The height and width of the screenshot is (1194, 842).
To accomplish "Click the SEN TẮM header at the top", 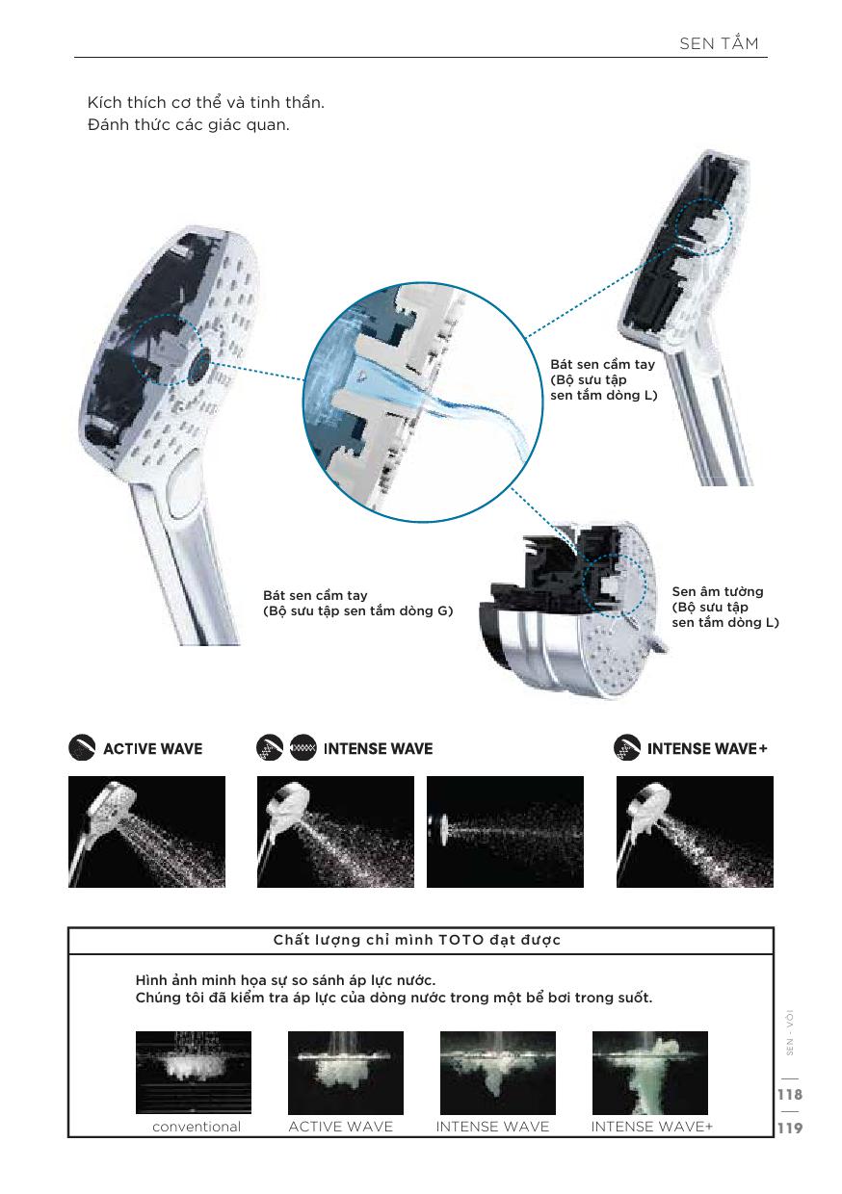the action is pos(719,43).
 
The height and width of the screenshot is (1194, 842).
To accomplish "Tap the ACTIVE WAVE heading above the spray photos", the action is pos(152,749).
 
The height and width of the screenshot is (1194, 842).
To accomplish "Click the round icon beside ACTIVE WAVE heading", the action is pos(82,747).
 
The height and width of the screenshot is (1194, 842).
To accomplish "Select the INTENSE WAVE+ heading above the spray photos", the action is pos(707,749).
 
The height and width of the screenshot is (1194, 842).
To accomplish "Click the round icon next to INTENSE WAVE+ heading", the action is pos(627,747).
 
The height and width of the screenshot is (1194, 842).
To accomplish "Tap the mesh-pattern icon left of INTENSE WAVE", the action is pos(303,747).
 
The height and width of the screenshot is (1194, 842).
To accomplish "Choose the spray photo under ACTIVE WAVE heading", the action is pos(146,832).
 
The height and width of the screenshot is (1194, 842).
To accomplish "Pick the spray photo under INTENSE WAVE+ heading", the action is pos(695,832).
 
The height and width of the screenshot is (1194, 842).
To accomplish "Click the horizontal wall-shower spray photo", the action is pos(505,832).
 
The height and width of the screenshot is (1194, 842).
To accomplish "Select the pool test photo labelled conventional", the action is pos(194,1073).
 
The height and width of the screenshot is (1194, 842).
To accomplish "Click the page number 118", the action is pos(790,1094).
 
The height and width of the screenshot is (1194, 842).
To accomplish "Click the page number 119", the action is pos(790,1128).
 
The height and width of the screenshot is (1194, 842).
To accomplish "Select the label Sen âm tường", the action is pos(717,591).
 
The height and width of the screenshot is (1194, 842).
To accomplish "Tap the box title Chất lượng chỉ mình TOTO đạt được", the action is pos(417,940).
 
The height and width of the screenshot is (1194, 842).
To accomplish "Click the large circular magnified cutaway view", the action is pos(423,402).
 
